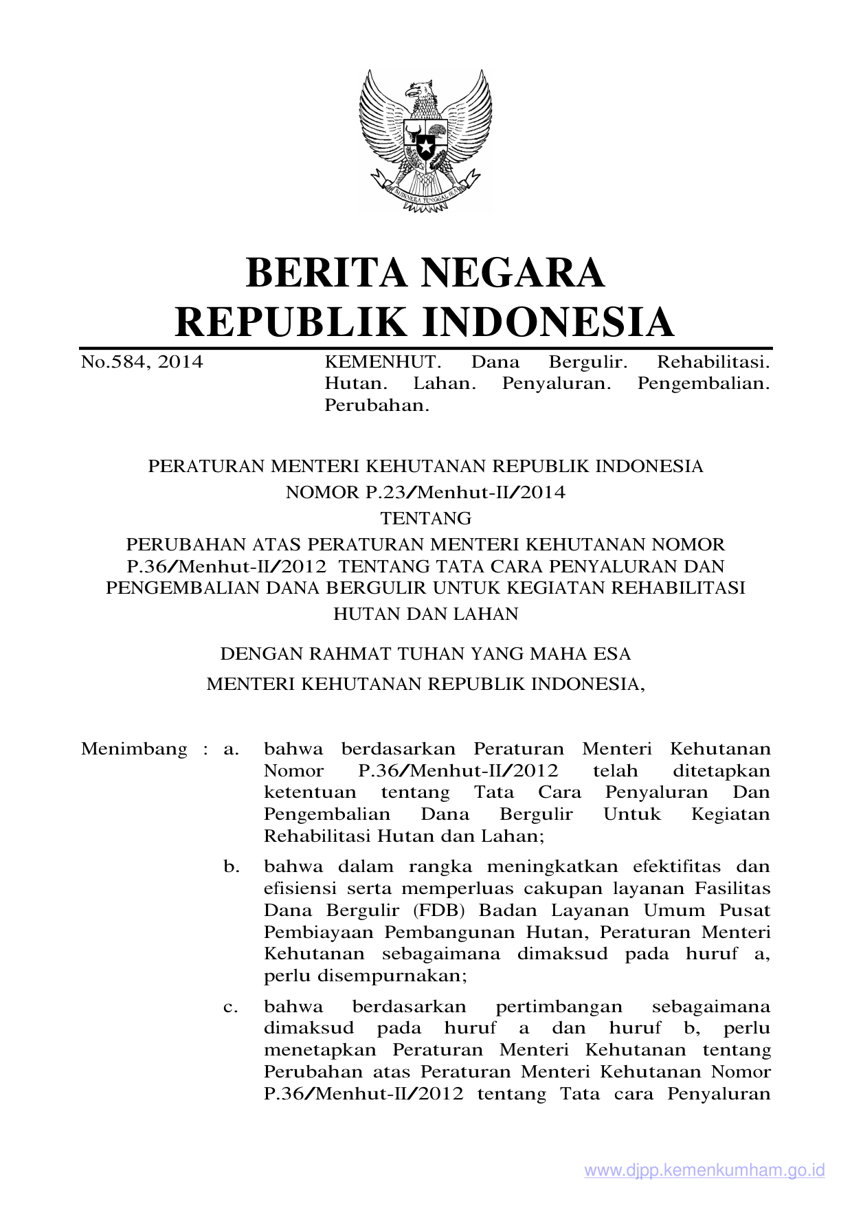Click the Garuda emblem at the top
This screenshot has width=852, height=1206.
tap(425, 141)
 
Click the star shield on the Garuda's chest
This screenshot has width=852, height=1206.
tap(425, 144)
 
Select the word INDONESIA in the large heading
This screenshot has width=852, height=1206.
tap(547, 322)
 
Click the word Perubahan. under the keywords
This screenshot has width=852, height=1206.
tap(377, 405)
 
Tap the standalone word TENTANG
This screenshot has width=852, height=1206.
tap(426, 518)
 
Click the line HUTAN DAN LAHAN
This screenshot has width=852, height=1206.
tap(426, 614)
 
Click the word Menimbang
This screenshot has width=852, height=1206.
tap(134, 748)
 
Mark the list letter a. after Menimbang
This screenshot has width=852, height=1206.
tap(231, 748)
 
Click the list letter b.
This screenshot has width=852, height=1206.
tap(232, 867)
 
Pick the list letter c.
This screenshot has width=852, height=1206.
tap(231, 1007)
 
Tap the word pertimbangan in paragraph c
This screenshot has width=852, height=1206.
tap(559, 1007)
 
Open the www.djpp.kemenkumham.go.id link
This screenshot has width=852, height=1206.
tap(704, 1171)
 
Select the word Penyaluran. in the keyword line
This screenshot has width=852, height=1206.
tap(557, 383)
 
